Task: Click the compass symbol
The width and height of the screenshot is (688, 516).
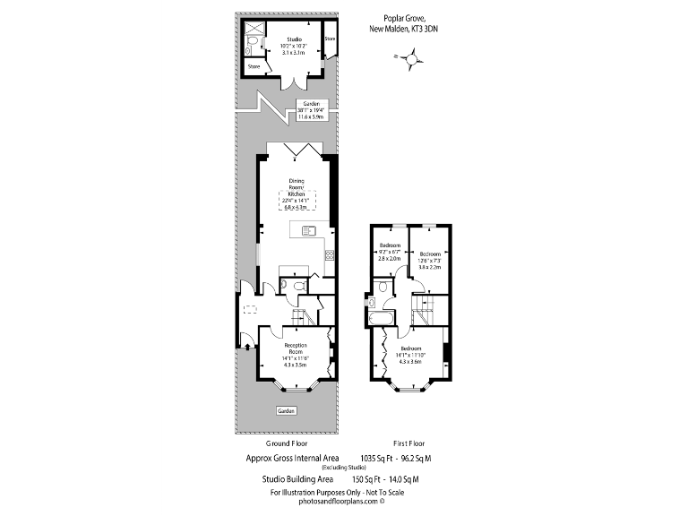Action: click(410, 59)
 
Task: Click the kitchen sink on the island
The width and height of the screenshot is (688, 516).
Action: click(310, 232)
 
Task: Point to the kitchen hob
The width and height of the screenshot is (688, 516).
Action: click(329, 254)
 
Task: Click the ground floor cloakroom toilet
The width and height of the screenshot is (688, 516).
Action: click(286, 285)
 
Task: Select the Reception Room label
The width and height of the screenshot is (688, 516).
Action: click(296, 355)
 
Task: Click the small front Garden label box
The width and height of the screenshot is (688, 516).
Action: click(286, 410)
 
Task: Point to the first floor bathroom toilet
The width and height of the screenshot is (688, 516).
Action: click(383, 288)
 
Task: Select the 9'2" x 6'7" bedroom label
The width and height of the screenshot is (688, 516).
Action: click(390, 252)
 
